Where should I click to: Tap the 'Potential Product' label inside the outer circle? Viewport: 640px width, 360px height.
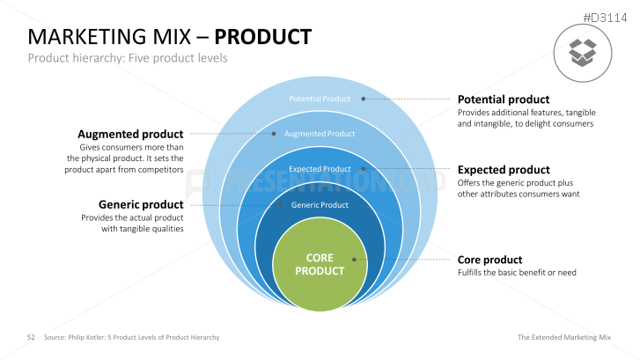[320, 99]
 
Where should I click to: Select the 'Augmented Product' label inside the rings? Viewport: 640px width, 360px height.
[320, 134]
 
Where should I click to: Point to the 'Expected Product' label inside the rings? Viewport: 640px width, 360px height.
[320, 169]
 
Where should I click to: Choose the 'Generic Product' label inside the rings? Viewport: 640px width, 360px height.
[320, 205]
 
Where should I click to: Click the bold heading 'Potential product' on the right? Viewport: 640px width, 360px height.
[503, 99]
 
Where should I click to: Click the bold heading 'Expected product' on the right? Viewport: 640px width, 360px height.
[504, 170]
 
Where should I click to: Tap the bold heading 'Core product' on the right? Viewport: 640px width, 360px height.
[489, 260]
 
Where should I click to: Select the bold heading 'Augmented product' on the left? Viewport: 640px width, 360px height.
[130, 134]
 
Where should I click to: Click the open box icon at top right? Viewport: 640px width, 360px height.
[582, 51]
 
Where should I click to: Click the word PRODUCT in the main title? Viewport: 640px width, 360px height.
[263, 37]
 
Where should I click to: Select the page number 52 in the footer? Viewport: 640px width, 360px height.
[30, 337]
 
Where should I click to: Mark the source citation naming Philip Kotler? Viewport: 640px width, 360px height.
[131, 337]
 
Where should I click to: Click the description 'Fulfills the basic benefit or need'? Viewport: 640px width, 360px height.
[517, 273]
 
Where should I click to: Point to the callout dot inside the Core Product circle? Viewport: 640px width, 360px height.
[354, 259]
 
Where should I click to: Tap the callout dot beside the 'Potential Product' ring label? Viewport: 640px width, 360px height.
[364, 99]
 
